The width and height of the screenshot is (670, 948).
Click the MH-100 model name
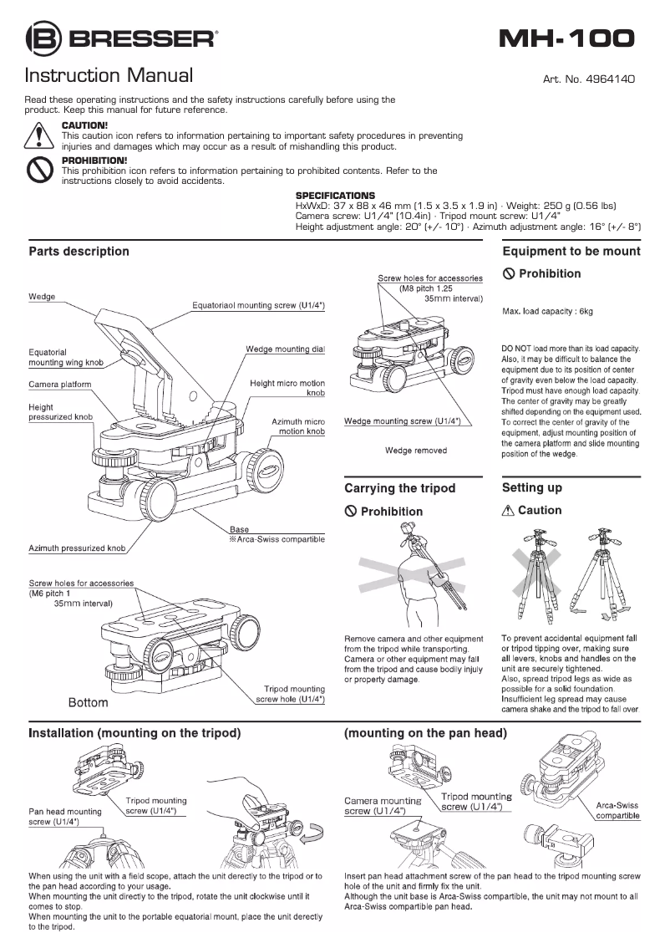[x=566, y=38]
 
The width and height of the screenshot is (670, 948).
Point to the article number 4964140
[x=589, y=79]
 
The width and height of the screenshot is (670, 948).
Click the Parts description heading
[x=79, y=251]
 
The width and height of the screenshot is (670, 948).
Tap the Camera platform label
[x=60, y=385]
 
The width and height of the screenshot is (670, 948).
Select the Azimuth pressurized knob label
[x=77, y=548]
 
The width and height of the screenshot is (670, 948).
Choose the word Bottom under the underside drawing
[x=88, y=703]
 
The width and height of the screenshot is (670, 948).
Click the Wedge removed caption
[x=415, y=451]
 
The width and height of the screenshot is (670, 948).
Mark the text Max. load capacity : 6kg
[x=547, y=311]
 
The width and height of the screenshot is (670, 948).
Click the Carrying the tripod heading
[x=400, y=487]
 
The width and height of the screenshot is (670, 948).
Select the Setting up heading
[x=532, y=487]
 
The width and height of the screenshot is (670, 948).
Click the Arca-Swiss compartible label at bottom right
[x=617, y=810]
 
